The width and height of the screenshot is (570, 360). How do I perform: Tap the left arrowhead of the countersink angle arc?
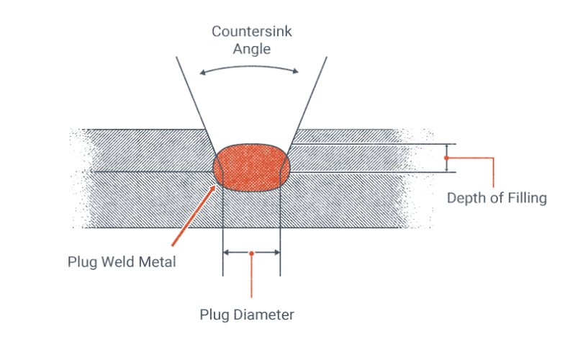click(x=202, y=71)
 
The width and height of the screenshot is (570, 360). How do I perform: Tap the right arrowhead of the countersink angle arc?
click(x=296, y=71)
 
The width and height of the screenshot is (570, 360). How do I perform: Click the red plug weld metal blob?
click(x=251, y=166)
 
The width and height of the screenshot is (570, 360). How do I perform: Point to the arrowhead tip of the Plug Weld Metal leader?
click(x=215, y=185)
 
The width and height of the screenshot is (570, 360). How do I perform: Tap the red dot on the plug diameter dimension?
click(x=251, y=253)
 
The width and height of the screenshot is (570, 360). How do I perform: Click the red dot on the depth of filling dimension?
click(x=446, y=157)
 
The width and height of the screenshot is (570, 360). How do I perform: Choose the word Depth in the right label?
click(x=466, y=198)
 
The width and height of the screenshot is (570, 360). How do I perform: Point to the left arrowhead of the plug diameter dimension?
click(x=226, y=253)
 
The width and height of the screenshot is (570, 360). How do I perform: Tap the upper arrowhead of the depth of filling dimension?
click(x=446, y=145)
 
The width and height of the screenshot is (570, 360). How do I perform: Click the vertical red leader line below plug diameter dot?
click(x=251, y=277)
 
